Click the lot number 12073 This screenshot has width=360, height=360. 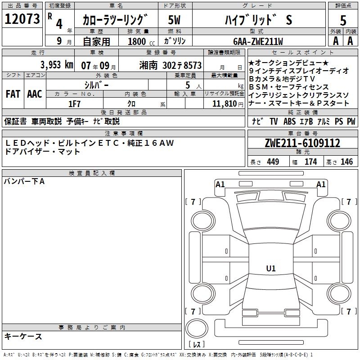pos(22,19)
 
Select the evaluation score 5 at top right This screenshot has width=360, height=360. pos(343,21)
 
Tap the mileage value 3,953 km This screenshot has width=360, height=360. pos(56,65)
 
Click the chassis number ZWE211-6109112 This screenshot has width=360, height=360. pos(302,143)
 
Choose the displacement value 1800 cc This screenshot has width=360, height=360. pos(139,41)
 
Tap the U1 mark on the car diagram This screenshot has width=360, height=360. pos(271,269)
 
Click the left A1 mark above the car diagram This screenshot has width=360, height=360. pos(220,184)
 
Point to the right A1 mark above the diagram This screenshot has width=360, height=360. pos(321,184)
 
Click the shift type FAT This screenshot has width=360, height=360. pos(13,94)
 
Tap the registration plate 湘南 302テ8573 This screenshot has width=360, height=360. pos(171,65)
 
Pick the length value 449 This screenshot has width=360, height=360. pos(272,162)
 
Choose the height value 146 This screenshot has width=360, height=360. pos(346,162)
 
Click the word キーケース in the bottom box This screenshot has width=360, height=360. pos(23,336)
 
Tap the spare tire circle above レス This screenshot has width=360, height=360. pos(197,328)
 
